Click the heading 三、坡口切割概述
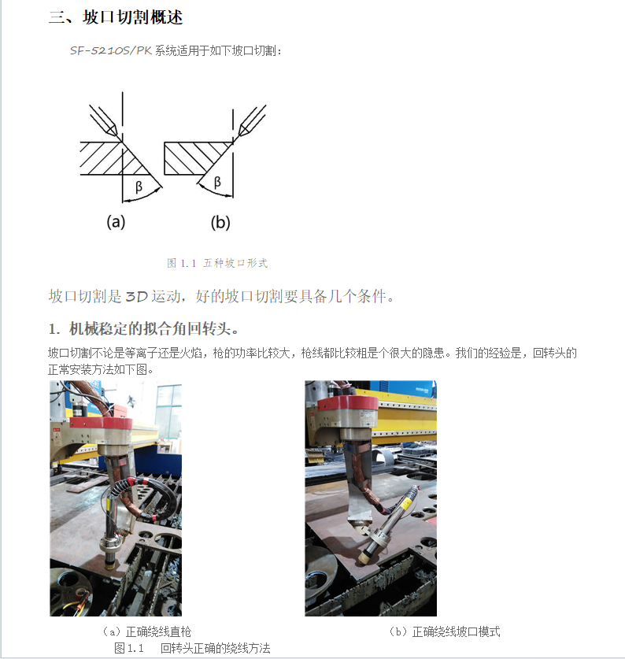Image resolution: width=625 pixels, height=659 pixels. pos(116,17)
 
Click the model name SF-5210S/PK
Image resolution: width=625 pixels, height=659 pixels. pos(110,50)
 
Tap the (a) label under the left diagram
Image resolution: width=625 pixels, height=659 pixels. pos(116,221)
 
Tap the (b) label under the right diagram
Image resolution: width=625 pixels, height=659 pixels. pos(220,222)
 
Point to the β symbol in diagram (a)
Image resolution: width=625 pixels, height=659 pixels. pos(139,186)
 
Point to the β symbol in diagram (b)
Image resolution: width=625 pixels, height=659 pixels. pos(217,182)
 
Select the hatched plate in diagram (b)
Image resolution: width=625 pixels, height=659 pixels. pos(194,158)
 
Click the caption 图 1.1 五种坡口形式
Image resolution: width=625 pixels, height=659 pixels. pos(217,263)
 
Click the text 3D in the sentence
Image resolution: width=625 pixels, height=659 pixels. pos(137,297)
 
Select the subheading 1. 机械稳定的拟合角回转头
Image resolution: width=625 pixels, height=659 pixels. pos(143,328)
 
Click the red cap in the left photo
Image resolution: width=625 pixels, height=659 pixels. pos(101,424)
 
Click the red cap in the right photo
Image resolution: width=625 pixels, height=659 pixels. pos(348,403)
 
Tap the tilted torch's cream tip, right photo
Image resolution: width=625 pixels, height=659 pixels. pos(362,557)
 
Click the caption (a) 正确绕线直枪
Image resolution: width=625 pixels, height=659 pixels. pos(147,631)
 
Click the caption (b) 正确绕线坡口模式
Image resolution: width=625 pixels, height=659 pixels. pos(445,631)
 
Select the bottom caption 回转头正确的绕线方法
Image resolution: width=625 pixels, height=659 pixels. pos(215,648)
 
